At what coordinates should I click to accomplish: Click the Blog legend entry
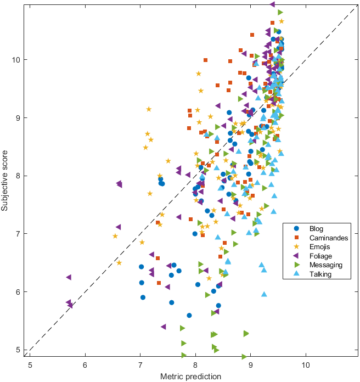click(x=316, y=229)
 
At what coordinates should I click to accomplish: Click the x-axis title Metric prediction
click(x=190, y=377)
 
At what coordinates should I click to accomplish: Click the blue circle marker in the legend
click(x=297, y=229)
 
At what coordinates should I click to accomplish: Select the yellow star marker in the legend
click(x=297, y=247)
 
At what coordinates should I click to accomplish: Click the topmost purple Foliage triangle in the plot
click(x=272, y=4)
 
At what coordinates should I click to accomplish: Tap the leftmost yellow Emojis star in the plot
click(x=115, y=237)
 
